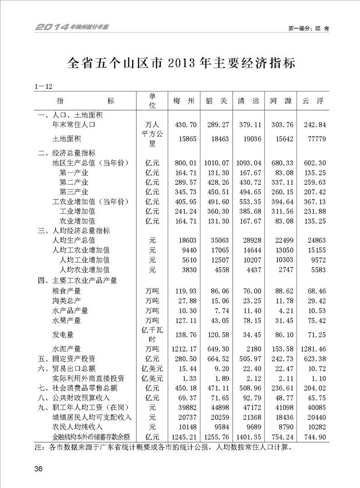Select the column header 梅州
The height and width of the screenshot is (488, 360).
point(184,101)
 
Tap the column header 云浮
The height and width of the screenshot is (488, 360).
point(312,101)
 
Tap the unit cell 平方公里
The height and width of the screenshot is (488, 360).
point(152,139)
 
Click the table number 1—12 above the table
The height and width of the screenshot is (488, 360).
point(44,86)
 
